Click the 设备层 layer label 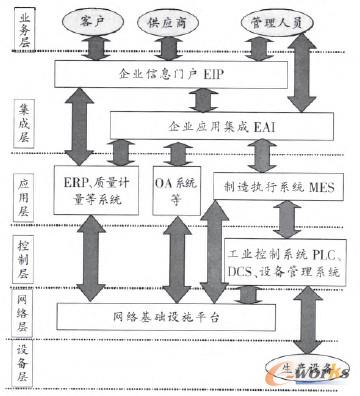[x=19, y=364]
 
